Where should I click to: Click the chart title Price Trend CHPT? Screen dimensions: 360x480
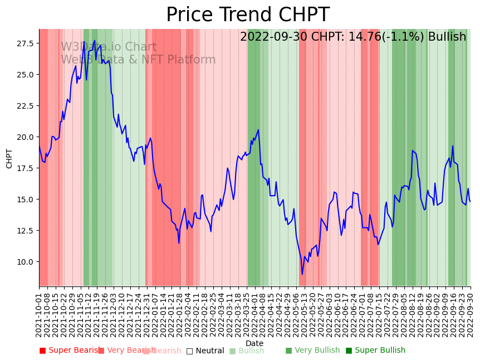pos(248,15)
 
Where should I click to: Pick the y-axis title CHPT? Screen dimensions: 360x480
pos(9,158)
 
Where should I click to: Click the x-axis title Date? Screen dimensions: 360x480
pos(254,343)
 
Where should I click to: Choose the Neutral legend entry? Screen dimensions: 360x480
pos(205,351)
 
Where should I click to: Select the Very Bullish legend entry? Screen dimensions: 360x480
pos(312,351)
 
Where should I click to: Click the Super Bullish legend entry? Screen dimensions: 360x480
pos(376,351)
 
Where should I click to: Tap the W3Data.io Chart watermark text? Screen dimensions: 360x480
pos(109,47)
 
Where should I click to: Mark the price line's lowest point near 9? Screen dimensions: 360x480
pos(302,274)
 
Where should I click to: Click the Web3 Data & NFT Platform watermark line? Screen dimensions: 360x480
pos(138,60)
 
